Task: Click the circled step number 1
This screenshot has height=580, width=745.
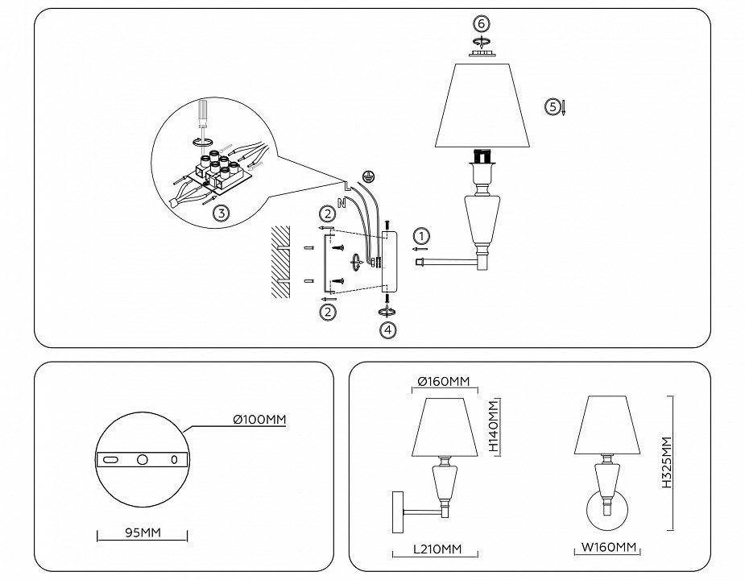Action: tap(423, 236)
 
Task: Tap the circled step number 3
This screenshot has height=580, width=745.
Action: tap(219, 213)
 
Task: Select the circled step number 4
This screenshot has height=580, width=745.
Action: tap(388, 329)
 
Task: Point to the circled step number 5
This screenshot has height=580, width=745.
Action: tap(552, 106)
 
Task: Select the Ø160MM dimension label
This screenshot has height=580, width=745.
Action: tap(439, 381)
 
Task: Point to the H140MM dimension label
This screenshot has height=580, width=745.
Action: tap(495, 427)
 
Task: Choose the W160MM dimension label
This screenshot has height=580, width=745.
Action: tap(610, 549)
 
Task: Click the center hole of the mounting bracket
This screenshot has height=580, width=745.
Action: tap(143, 458)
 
